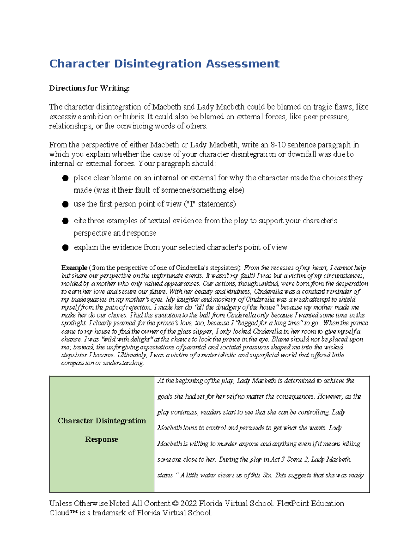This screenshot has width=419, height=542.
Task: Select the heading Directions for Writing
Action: point(89,88)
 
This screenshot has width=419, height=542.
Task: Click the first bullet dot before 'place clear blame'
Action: point(65,178)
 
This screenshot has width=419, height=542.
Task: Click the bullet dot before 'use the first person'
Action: point(65,204)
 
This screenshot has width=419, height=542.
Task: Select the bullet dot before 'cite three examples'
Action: point(65,221)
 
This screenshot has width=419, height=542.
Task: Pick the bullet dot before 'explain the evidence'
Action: point(65,247)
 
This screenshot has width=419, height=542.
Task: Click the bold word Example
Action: point(74,268)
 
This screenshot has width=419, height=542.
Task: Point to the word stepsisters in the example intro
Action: point(223,268)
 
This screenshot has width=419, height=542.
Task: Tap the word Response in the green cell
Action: point(101,439)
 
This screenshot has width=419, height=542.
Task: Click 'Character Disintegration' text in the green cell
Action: point(102,421)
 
